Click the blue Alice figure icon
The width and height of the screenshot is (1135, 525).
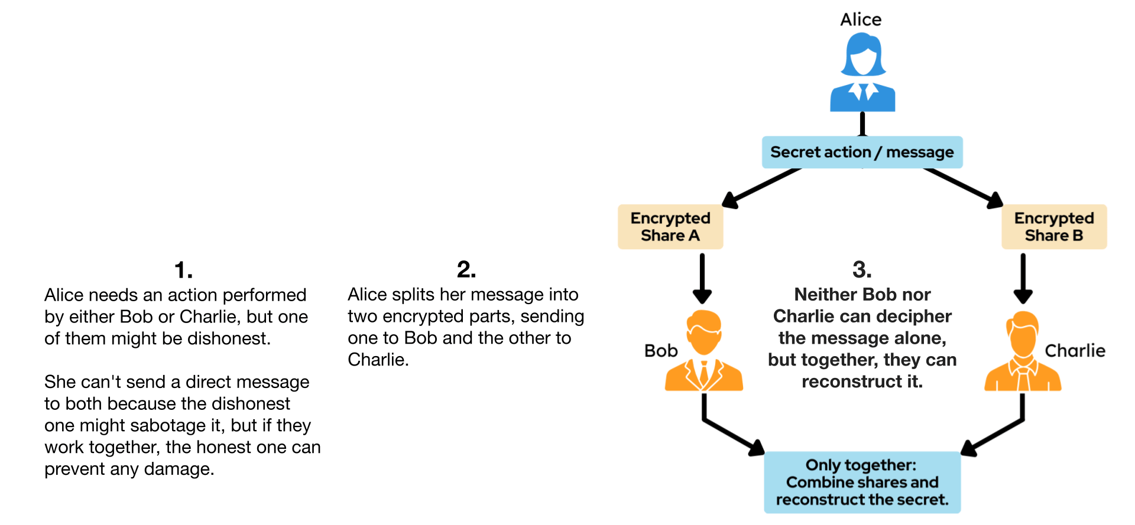(862, 73)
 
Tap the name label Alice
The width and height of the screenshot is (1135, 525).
(861, 19)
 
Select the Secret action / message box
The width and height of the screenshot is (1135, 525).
(862, 152)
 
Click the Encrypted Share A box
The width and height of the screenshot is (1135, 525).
(670, 227)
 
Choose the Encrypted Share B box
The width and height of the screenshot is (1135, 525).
(1054, 227)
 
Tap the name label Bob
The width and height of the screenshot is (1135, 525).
(661, 351)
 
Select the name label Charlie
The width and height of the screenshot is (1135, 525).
(1075, 351)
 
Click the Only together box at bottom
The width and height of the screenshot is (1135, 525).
(862, 482)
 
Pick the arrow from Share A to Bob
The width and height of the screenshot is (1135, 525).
(702, 278)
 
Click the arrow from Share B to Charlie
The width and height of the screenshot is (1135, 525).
(1023, 278)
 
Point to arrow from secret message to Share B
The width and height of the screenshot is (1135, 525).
(964, 188)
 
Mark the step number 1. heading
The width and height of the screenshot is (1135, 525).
(183, 270)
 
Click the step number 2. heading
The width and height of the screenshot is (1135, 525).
(466, 270)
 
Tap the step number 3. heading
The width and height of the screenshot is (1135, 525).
(862, 270)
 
